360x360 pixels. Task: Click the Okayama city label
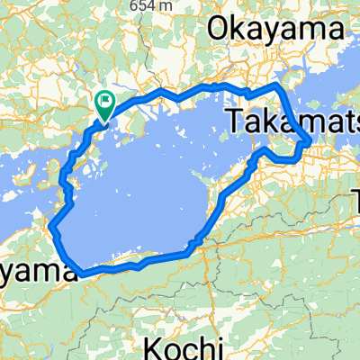pyautogui.click(x=274, y=30)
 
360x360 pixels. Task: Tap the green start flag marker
pyautogui.click(x=105, y=104)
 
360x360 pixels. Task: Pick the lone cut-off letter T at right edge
pyautogui.click(x=354, y=208)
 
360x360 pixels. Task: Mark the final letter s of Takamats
pyautogui.click(x=352, y=121)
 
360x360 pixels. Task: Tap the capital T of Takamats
pyautogui.click(x=232, y=121)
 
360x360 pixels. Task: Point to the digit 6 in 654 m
pyautogui.click(x=131, y=5)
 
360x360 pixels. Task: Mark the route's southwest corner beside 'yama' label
pyautogui.click(x=82, y=271)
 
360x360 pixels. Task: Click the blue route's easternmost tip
pyautogui.click(x=310, y=142)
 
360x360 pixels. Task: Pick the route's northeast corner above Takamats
pyautogui.click(x=281, y=85)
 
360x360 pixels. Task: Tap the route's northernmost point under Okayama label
pyautogui.click(x=216, y=85)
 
